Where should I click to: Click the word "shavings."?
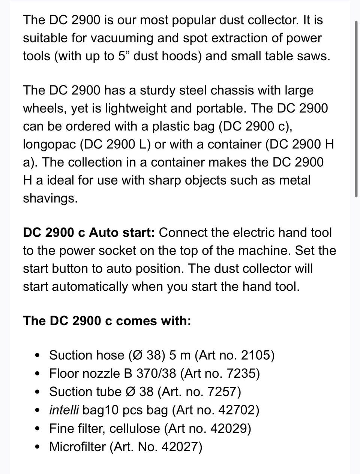50,198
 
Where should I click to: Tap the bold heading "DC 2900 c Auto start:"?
89,232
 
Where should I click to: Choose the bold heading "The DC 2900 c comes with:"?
107,321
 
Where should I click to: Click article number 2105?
255,355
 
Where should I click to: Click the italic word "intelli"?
64,410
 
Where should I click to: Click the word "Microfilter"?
77,447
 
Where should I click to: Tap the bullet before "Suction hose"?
37,355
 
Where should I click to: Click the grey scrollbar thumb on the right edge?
356,109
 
